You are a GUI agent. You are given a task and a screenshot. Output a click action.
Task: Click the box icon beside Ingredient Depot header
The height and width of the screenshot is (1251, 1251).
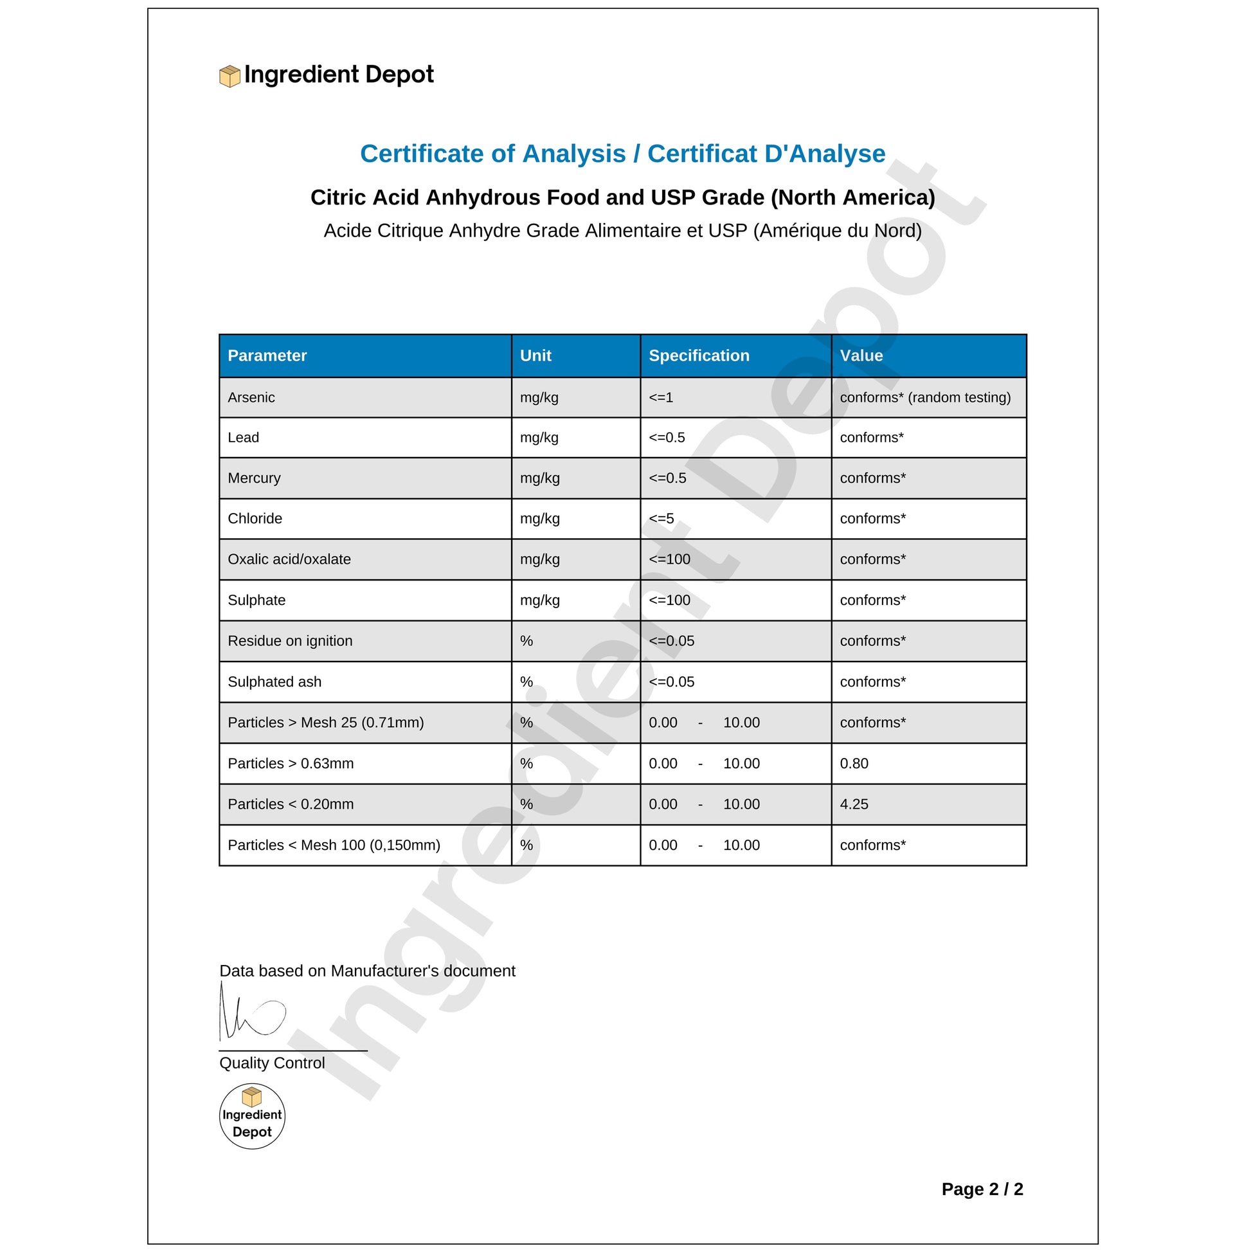pyautogui.click(x=230, y=76)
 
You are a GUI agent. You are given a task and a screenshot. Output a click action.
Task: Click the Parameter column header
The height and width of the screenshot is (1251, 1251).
pyautogui.click(x=267, y=355)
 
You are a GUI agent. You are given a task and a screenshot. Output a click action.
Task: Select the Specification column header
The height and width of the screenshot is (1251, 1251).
pyautogui.click(x=699, y=355)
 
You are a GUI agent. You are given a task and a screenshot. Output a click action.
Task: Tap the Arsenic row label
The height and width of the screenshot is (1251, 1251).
pyautogui.click(x=251, y=397)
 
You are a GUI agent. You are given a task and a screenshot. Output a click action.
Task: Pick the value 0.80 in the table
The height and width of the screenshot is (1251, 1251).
pyautogui.click(x=854, y=764)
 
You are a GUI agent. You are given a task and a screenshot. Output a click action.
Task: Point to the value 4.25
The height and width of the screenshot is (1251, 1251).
pyautogui.click(x=854, y=804)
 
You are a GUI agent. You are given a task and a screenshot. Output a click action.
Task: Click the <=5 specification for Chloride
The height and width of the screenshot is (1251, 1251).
pyautogui.click(x=661, y=519)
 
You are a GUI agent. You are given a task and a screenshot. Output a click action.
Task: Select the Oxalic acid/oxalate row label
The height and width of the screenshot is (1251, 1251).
pyautogui.click(x=289, y=559)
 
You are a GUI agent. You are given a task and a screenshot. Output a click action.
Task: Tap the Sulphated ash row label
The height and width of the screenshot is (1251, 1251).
pyautogui.click(x=274, y=682)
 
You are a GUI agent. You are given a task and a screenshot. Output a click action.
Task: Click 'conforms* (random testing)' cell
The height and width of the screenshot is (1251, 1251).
pyautogui.click(x=925, y=397)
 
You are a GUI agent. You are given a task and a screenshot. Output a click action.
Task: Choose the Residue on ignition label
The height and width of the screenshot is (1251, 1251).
pyautogui.click(x=290, y=641)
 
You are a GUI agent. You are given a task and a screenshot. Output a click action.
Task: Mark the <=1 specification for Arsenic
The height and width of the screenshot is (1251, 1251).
pyautogui.click(x=660, y=397)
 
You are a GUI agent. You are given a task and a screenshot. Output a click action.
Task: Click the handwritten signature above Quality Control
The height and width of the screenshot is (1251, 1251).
pyautogui.click(x=252, y=1013)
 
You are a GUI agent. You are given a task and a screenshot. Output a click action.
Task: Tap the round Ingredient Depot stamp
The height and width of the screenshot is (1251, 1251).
pyautogui.click(x=252, y=1117)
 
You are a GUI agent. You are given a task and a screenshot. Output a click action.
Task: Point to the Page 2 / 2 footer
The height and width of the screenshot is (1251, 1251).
pyautogui.click(x=982, y=1189)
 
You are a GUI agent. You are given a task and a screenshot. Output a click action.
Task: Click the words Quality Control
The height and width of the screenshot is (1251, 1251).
pyautogui.click(x=272, y=1063)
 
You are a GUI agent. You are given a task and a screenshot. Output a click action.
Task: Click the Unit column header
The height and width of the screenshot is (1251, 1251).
pyautogui.click(x=535, y=355)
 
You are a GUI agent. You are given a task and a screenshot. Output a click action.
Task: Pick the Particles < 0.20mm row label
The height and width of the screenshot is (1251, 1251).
pyautogui.click(x=291, y=804)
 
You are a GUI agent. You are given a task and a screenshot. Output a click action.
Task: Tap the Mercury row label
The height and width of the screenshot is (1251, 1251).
pyautogui.click(x=254, y=478)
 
